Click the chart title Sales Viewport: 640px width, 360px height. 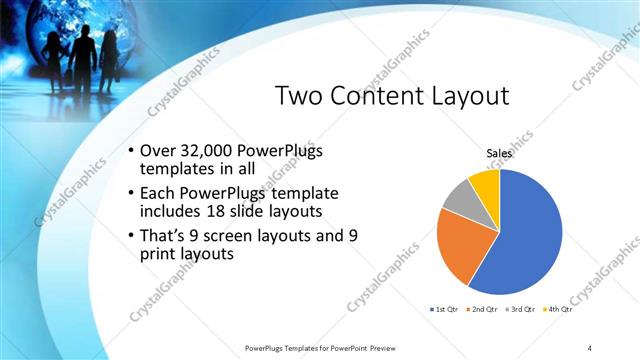coord(499,153)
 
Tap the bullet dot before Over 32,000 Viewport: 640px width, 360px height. coord(132,151)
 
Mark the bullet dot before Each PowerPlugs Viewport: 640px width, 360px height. coord(132,193)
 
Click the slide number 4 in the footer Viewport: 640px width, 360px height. coord(590,347)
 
